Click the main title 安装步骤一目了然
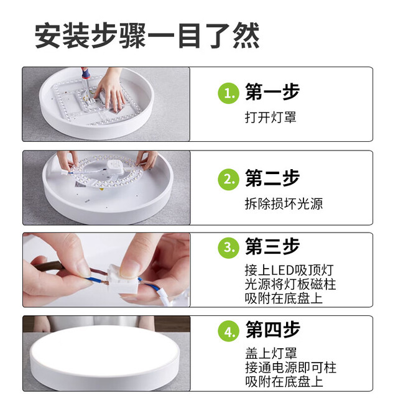tap(147, 36)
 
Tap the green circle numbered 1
tap(228, 93)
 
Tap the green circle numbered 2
tap(228, 180)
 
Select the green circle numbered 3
tap(228, 248)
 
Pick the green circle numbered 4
tap(228, 331)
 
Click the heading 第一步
tap(272, 92)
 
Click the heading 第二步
tap(272, 178)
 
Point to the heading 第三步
tap(272, 246)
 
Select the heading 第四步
tap(272, 330)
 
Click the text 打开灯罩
tap(271, 118)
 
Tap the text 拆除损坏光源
tap(284, 204)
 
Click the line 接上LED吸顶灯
tap(289, 270)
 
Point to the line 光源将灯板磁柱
tap(290, 284)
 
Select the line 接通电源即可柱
tap(290, 368)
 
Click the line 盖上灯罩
tap(271, 353)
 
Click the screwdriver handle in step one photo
tap(85, 73)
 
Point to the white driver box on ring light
tap(116, 167)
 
